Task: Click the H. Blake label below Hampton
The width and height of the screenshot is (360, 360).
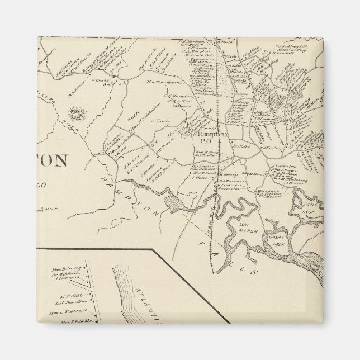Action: pos(240,146)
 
